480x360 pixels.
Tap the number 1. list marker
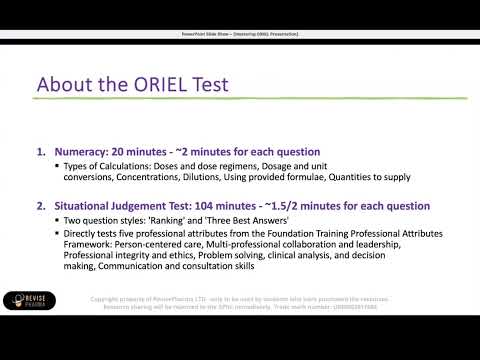41,151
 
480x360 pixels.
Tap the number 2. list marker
41,206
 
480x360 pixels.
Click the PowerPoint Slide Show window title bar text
239,34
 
